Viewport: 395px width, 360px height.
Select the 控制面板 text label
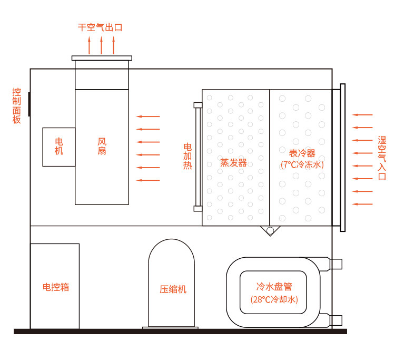tap(17, 105)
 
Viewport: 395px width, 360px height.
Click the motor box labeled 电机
tap(58, 147)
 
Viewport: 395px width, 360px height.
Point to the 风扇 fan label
tap(102, 146)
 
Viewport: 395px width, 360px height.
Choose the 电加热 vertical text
tap(187, 155)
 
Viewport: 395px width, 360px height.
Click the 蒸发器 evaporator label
tap(233, 162)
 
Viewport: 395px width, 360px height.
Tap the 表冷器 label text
tap(302, 153)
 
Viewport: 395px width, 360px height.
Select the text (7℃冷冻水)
tap(302, 165)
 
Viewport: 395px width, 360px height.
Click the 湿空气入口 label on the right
tap(382, 158)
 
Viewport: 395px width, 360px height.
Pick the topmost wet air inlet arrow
tap(363, 114)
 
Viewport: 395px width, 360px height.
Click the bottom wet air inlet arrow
tap(363, 204)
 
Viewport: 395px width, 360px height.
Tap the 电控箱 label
tap(55, 287)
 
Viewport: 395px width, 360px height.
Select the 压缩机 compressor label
tap(173, 289)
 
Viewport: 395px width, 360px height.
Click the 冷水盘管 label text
tap(274, 287)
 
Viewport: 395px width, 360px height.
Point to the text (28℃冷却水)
tap(274, 299)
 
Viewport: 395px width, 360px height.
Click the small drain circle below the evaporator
tap(270, 231)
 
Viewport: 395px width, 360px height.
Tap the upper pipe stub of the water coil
tap(335, 264)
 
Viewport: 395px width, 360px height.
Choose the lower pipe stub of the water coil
tap(335, 319)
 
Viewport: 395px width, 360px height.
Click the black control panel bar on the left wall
tap(29, 103)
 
